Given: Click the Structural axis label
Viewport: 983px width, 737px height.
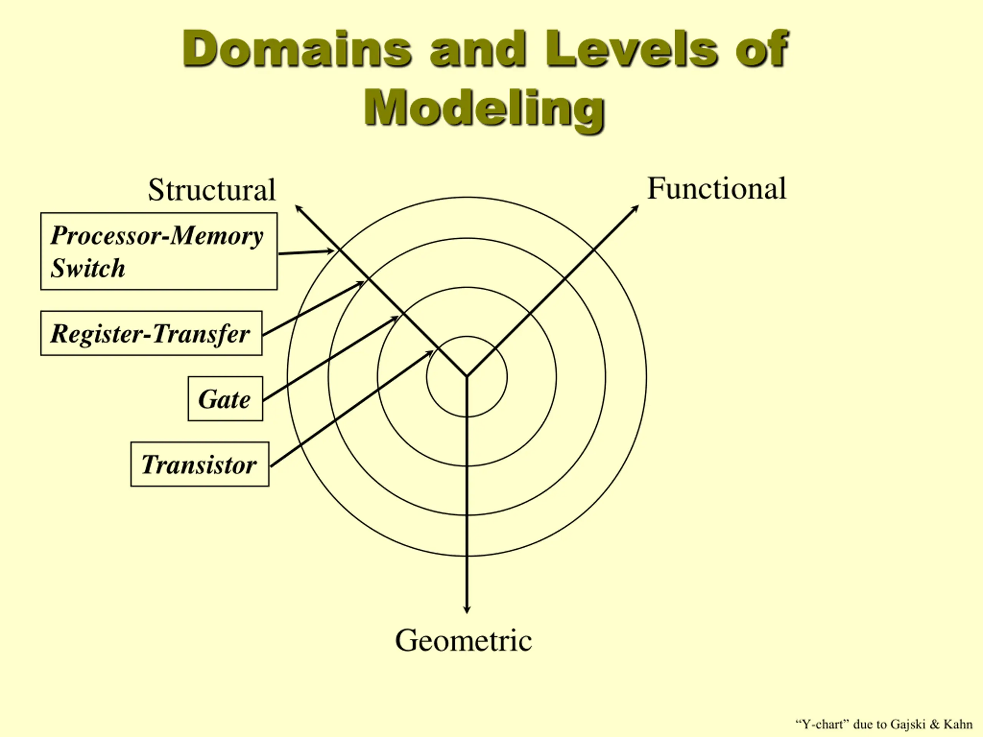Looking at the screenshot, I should click(212, 190).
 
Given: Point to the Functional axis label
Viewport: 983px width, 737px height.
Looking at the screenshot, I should click(717, 188).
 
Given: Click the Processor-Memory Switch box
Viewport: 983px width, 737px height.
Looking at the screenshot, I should click(159, 251).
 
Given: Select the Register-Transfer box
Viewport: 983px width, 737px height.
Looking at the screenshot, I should click(151, 333).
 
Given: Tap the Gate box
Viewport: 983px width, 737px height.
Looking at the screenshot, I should click(225, 399).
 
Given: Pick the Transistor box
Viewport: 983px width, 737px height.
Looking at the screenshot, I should click(200, 464).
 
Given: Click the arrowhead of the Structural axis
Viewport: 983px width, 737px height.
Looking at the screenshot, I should click(298, 207).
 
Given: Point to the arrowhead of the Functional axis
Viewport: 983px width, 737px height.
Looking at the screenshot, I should click(636, 208).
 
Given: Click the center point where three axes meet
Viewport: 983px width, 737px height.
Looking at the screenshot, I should click(467, 376).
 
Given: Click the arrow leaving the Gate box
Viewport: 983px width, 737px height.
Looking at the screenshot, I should click(331, 358).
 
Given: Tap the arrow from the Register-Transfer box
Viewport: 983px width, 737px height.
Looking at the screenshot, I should click(313, 308).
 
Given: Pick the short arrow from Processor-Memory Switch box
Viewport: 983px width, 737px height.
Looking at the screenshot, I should click(306, 252).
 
